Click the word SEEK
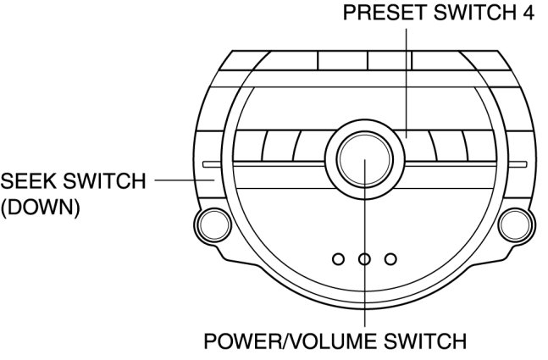25,181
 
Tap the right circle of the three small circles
390,258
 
